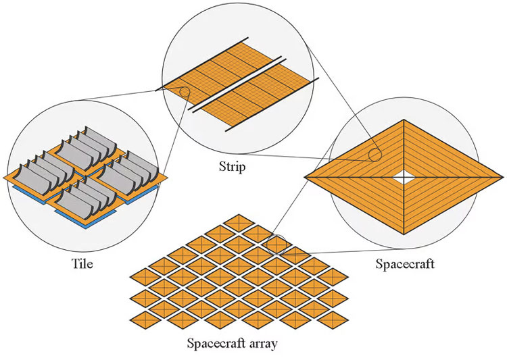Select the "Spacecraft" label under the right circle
pos(404,263)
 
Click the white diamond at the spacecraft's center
pos(404,177)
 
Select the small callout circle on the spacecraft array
pos(277,243)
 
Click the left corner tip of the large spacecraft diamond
pos(306,177)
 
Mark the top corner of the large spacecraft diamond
pos(404,120)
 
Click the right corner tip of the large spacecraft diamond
pos(503,177)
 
